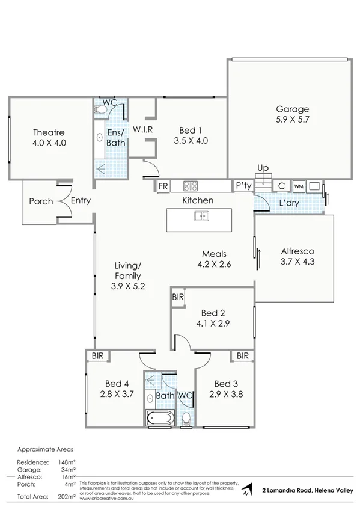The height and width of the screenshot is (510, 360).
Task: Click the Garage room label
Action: pos(292,109)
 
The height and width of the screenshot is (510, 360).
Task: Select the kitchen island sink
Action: pos(201,216)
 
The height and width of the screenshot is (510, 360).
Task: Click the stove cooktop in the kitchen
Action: pos(191,186)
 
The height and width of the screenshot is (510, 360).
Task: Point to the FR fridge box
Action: pos(163,186)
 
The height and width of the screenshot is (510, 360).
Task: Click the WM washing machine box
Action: pos(298,186)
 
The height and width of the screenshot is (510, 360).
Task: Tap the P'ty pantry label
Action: pos(243,186)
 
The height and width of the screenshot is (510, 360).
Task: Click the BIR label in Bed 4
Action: pos(96,356)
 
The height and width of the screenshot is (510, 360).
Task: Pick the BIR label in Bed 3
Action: pos(242,356)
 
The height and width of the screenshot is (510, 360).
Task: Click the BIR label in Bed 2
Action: pos(178,296)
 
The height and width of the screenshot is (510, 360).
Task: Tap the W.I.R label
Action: pos(145,130)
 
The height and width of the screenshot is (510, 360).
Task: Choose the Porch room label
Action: pos(41,201)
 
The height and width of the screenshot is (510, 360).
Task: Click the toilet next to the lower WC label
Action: pos(186,417)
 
